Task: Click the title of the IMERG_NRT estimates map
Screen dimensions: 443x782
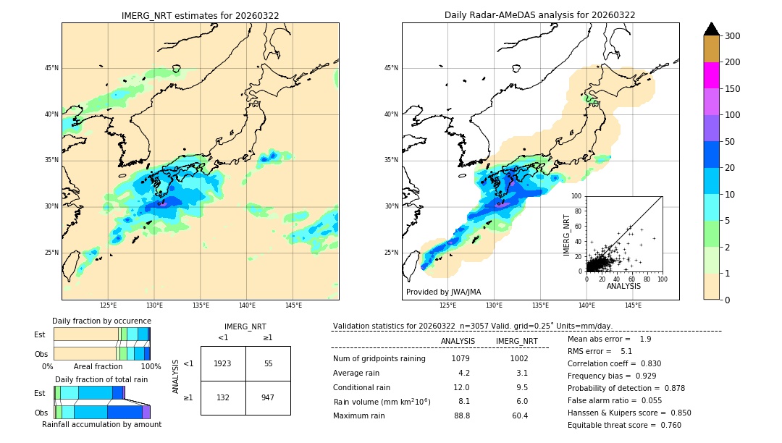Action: click(200, 15)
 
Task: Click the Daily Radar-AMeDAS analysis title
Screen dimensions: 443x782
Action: click(540, 15)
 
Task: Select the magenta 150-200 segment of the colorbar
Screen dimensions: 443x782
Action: click(711, 75)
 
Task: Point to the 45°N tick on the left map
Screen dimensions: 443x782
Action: click(51, 68)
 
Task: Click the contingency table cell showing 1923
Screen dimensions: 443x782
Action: click(223, 363)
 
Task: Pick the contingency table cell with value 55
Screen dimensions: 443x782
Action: click(268, 363)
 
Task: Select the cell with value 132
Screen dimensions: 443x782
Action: click(223, 397)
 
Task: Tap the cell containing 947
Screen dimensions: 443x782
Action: click(268, 397)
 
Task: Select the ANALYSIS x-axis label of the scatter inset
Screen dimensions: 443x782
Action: click(623, 286)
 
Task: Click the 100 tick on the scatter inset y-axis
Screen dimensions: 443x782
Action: click(577, 196)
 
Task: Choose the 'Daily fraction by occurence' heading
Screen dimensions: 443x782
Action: click(101, 321)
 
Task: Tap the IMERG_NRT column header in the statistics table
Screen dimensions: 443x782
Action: click(516, 341)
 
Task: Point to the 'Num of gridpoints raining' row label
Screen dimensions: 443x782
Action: click(379, 359)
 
